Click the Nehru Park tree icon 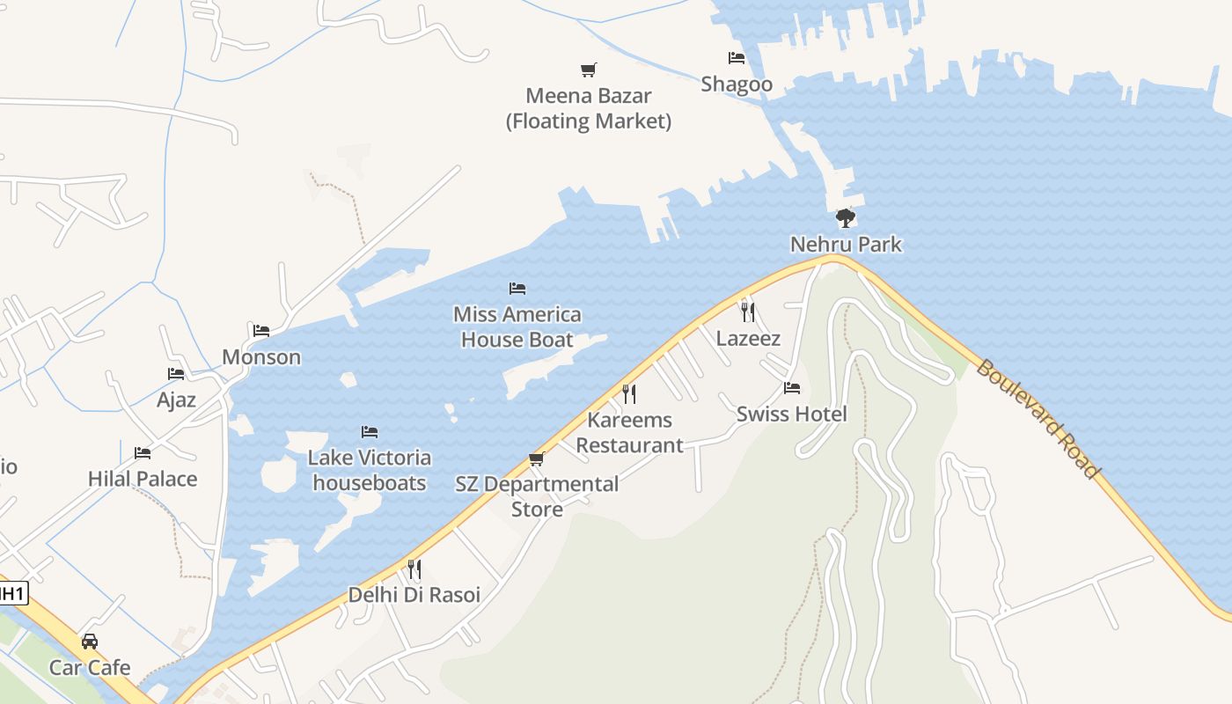click(x=845, y=217)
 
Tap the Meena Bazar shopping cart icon click(x=588, y=70)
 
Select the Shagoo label click(x=737, y=84)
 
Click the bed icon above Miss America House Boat click(x=517, y=289)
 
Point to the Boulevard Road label click(x=1038, y=418)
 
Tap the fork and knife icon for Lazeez click(x=747, y=312)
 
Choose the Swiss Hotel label click(x=791, y=414)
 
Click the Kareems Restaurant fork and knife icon click(x=628, y=393)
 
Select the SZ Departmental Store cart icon click(x=536, y=458)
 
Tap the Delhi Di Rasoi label click(x=414, y=595)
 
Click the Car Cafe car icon click(x=90, y=641)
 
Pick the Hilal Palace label click(x=143, y=479)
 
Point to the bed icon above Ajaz click(x=176, y=374)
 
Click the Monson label click(x=261, y=357)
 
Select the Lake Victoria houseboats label click(x=370, y=470)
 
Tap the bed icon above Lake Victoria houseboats click(x=370, y=432)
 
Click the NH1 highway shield click(x=11, y=594)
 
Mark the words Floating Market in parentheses click(x=588, y=121)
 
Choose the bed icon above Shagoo click(x=737, y=58)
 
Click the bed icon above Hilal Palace click(x=143, y=453)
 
